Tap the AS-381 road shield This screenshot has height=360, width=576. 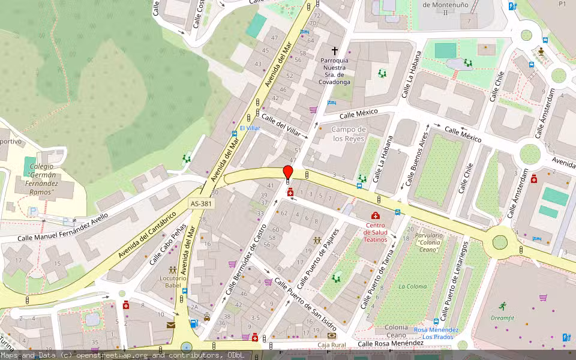click(x=202, y=204)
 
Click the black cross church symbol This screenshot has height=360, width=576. click(x=335, y=51)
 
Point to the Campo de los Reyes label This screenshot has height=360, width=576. click(x=349, y=134)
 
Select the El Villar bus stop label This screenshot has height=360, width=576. click(x=250, y=128)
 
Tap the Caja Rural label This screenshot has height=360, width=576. click(x=332, y=345)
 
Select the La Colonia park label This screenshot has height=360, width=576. click(x=411, y=286)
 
